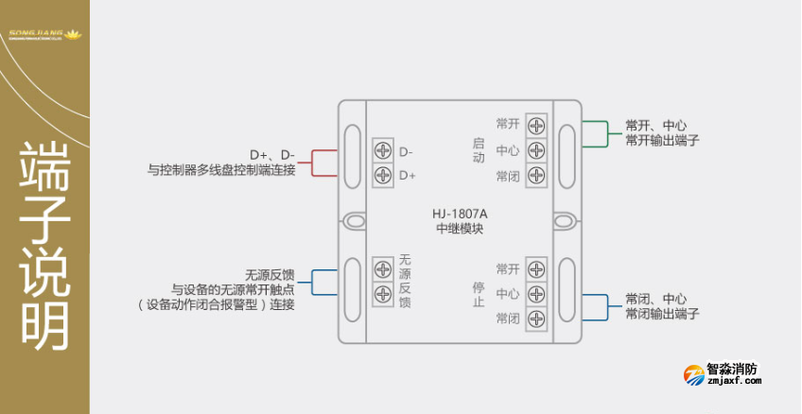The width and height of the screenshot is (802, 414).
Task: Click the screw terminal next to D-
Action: coord(383,150)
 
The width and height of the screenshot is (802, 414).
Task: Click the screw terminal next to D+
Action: coord(383,175)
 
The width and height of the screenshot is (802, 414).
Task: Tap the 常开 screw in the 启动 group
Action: coord(536,125)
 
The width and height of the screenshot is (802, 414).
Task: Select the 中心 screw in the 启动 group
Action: coord(536,150)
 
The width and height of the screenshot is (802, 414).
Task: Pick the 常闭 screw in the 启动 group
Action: coord(536,175)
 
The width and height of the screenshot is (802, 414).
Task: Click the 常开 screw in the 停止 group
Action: coord(536,269)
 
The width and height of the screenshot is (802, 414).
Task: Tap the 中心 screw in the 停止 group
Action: coord(536,294)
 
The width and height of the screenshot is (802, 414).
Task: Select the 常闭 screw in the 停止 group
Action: coord(536,319)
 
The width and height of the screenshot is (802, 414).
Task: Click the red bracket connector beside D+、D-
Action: coord(322,163)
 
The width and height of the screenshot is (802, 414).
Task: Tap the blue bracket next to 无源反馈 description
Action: coord(322,283)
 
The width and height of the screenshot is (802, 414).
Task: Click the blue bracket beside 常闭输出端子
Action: coord(595,306)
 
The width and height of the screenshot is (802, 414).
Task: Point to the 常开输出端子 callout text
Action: coord(662,141)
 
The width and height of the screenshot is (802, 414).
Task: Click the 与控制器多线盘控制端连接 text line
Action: coord(221,170)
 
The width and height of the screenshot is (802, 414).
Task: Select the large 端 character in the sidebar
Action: coord(45,167)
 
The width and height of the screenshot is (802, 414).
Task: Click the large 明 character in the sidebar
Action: coord(45,326)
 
